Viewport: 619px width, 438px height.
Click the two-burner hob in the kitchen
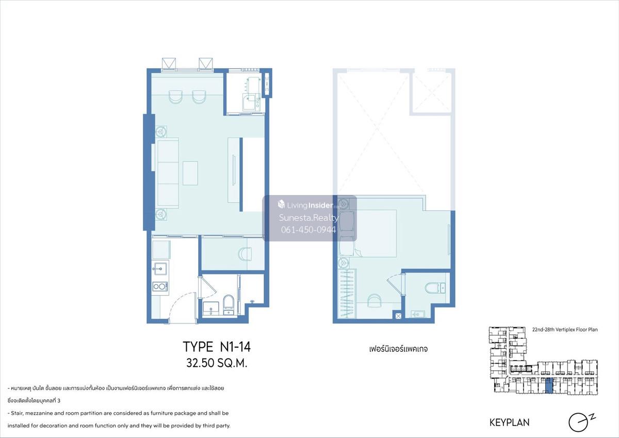(x=160, y=286)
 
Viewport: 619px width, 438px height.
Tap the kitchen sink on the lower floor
(x=160, y=269)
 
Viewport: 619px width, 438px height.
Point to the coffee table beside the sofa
(x=190, y=173)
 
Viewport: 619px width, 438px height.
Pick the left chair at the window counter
(x=175, y=97)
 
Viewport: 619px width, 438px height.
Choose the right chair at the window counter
(x=199, y=97)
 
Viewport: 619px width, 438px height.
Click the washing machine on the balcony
(x=252, y=102)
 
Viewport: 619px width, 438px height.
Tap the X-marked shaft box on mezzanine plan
(x=398, y=316)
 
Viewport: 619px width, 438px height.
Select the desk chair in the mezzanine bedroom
(x=374, y=300)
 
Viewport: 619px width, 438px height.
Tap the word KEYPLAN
(x=510, y=423)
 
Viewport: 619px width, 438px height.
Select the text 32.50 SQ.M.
(x=217, y=363)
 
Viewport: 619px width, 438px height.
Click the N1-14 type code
(x=235, y=347)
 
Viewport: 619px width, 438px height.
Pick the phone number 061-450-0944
(x=308, y=230)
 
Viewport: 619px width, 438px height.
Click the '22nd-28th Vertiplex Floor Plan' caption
(x=565, y=330)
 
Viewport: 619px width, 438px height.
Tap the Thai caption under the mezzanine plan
(x=398, y=349)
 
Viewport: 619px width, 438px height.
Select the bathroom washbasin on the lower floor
(x=211, y=308)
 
